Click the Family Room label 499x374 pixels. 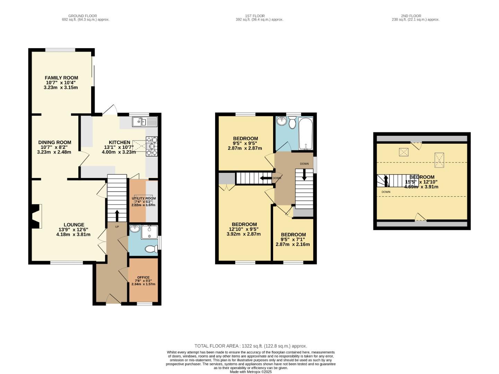[x=61, y=78]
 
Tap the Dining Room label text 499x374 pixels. [x=55, y=142]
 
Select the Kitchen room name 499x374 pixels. [x=120, y=142]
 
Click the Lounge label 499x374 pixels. [x=74, y=225]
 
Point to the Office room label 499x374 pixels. [x=143, y=277]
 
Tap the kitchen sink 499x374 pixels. [x=145, y=121]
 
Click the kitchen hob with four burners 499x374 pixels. [x=152, y=146]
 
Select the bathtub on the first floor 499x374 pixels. [x=305, y=133]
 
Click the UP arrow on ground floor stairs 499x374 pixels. [x=117, y=215]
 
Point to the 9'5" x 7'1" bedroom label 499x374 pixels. [x=293, y=234]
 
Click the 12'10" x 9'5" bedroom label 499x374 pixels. [x=244, y=224]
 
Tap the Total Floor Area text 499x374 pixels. [x=251, y=346]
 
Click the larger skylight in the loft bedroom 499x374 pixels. [x=439, y=160]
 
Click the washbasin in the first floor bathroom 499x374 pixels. [x=282, y=121]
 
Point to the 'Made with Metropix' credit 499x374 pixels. [x=251, y=372]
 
